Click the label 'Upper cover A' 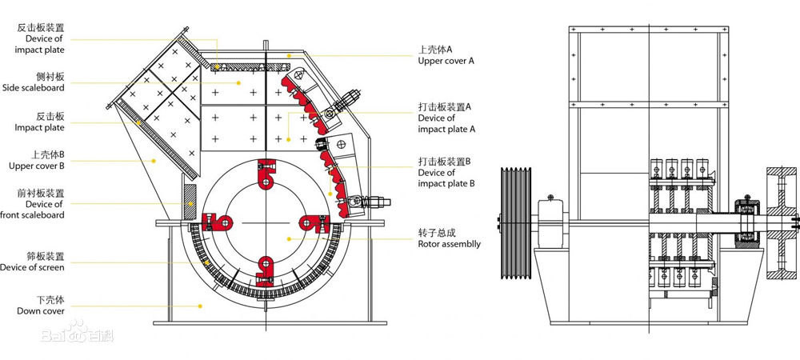446,61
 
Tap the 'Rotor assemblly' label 449,244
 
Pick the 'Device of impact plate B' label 446,178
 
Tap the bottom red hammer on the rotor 266,269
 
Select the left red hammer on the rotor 218,222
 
